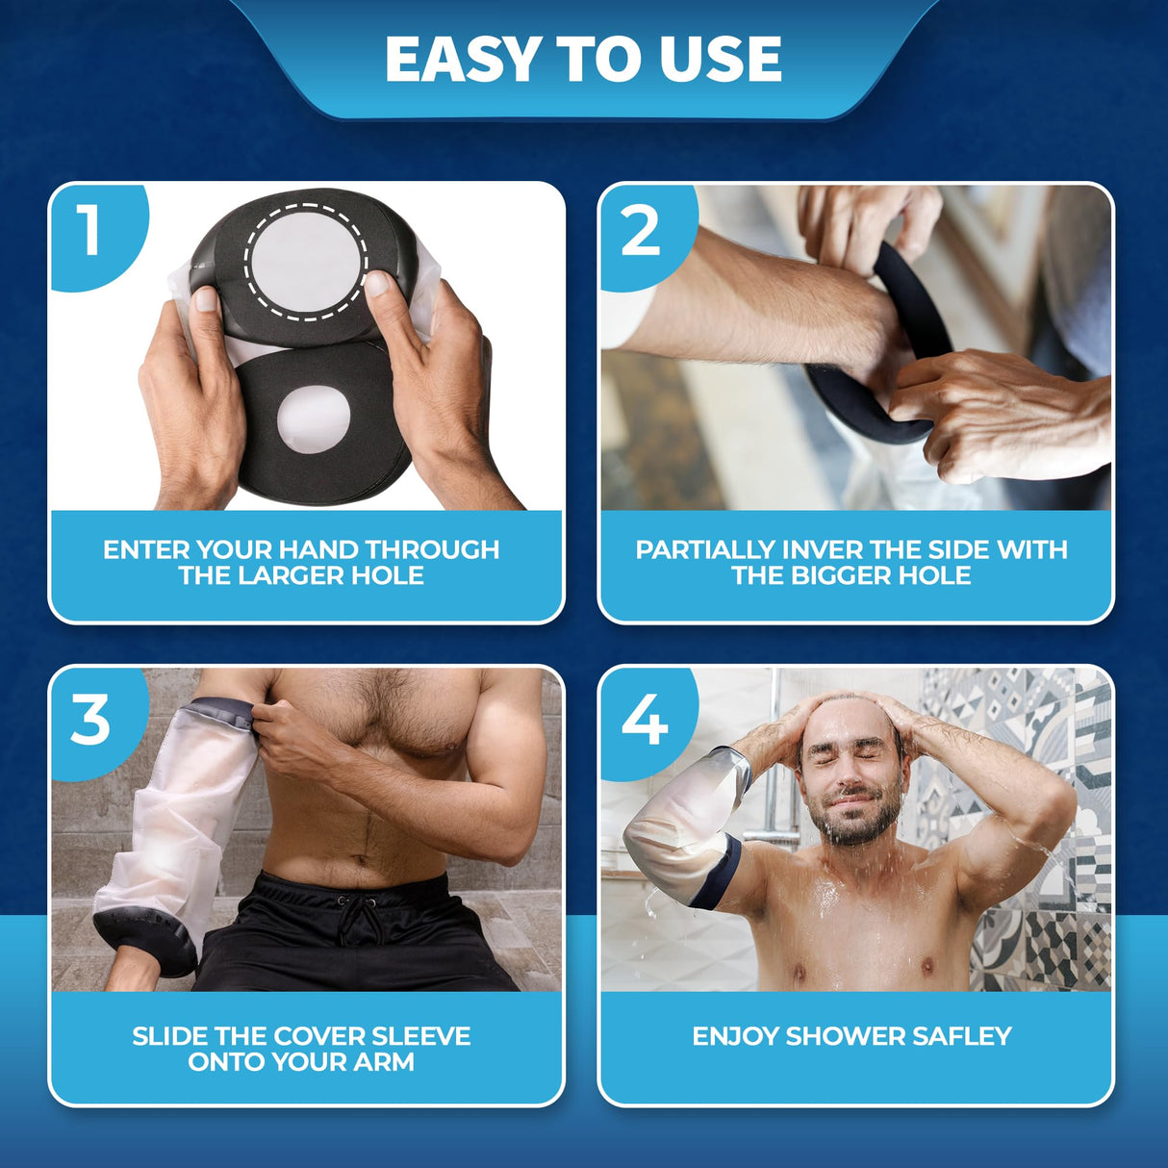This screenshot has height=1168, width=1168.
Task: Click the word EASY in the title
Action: [x=464, y=59]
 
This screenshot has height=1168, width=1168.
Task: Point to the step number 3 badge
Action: [x=90, y=719]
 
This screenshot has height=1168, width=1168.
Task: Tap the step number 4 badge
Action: [x=644, y=719]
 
